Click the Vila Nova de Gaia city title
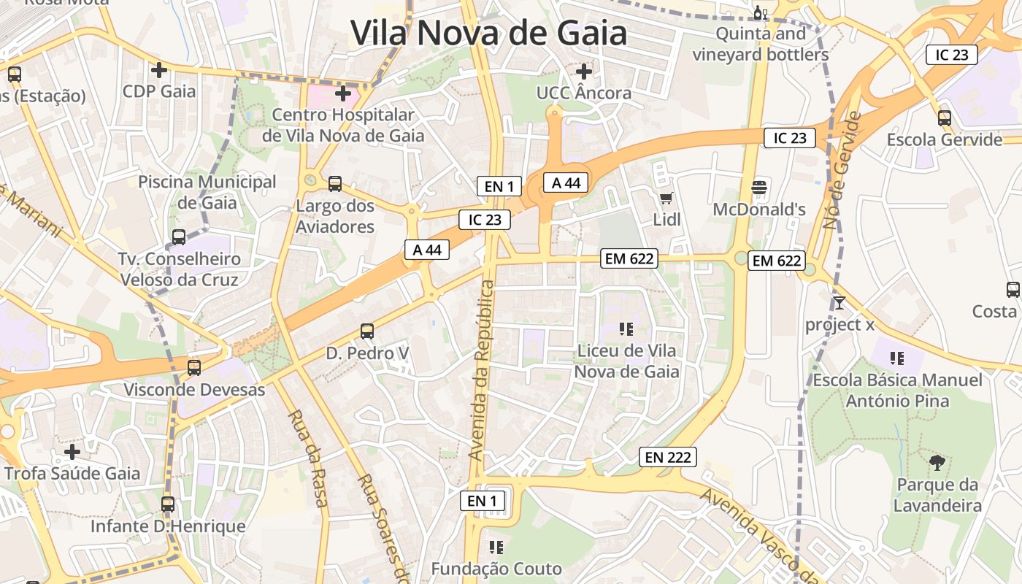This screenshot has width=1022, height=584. click(x=488, y=33)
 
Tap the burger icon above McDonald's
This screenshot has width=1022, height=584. click(x=759, y=188)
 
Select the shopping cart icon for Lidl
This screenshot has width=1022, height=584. click(x=666, y=198)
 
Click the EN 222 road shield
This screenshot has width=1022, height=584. click(x=668, y=458)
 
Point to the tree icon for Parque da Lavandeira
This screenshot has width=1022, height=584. click(x=937, y=462)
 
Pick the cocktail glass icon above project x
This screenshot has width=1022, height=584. click(x=839, y=302)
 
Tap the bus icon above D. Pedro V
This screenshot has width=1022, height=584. click(x=367, y=331)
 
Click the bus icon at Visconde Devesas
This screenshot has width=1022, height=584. click(x=193, y=367)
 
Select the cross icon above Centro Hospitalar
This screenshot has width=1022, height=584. click(x=342, y=93)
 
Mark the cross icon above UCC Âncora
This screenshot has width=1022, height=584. click(x=583, y=72)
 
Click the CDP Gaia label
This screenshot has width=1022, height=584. click(x=159, y=91)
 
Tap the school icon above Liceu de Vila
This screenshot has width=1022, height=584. click(x=626, y=329)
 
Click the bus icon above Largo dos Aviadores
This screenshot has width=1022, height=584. click(x=335, y=184)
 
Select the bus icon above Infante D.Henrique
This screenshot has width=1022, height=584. click(x=168, y=504)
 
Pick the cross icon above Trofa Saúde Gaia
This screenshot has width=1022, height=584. click(x=72, y=452)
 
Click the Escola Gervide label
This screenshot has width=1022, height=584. click(x=944, y=139)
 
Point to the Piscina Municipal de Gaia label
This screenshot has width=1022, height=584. click(x=207, y=191)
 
